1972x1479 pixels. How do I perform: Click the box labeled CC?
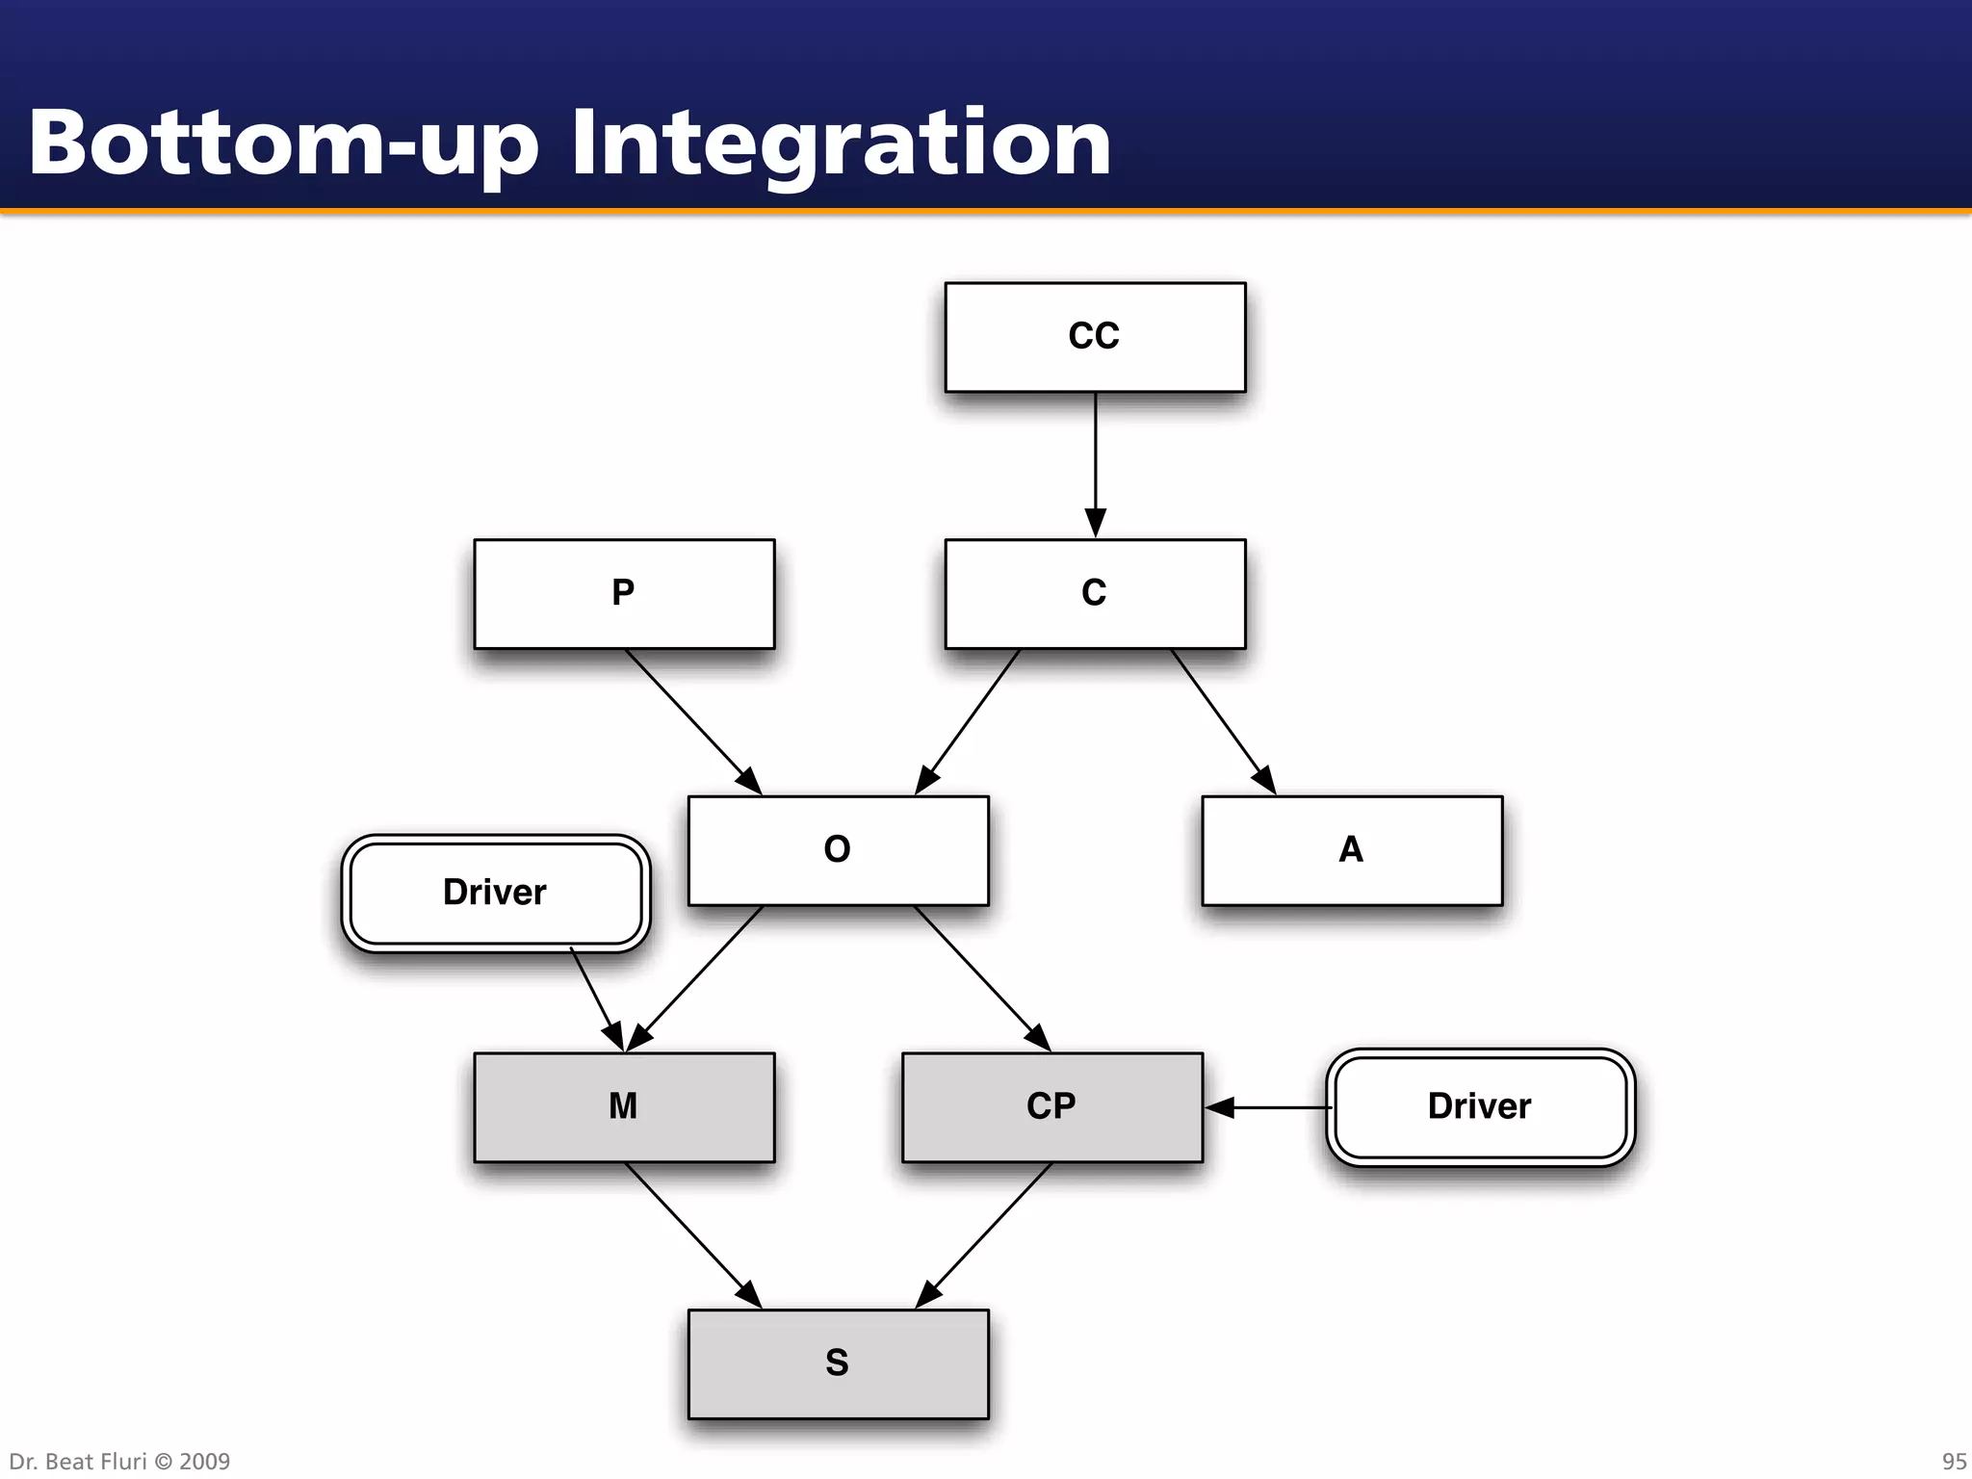tap(1095, 337)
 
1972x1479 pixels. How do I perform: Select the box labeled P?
tap(624, 593)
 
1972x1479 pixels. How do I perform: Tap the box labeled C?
tap(1095, 593)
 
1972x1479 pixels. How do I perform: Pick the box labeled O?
tap(838, 850)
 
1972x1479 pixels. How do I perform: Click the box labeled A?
tap(1352, 850)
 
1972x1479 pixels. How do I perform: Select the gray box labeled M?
tap(624, 1107)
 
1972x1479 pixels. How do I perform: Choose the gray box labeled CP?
tap(1051, 1107)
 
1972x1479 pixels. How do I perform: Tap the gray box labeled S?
tap(838, 1363)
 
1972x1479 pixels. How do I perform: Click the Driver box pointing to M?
tap(495, 893)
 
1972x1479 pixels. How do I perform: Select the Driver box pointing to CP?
tap(1480, 1107)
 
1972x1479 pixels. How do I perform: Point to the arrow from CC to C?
tap(1095, 462)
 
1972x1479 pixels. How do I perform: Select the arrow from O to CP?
tap(980, 976)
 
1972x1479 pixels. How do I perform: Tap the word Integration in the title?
tap(841, 144)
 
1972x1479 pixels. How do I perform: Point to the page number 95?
tap(1954, 1462)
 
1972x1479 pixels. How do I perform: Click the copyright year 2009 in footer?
tap(204, 1462)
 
